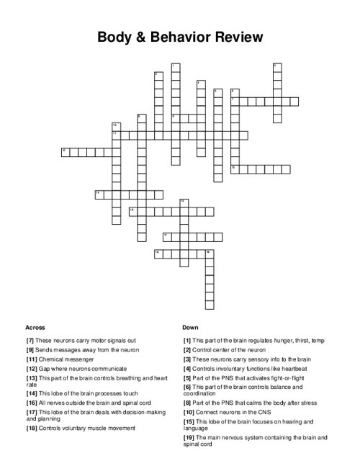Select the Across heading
(x=35, y=326)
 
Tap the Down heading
(x=191, y=326)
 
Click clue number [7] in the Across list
(x=30, y=340)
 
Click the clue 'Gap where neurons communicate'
(x=81, y=368)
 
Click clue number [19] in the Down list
(x=188, y=437)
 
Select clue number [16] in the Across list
(x=31, y=402)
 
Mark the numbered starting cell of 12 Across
(x=66, y=151)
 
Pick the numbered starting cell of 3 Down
(x=276, y=67)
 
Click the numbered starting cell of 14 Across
(x=99, y=193)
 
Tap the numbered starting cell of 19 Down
(x=210, y=253)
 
